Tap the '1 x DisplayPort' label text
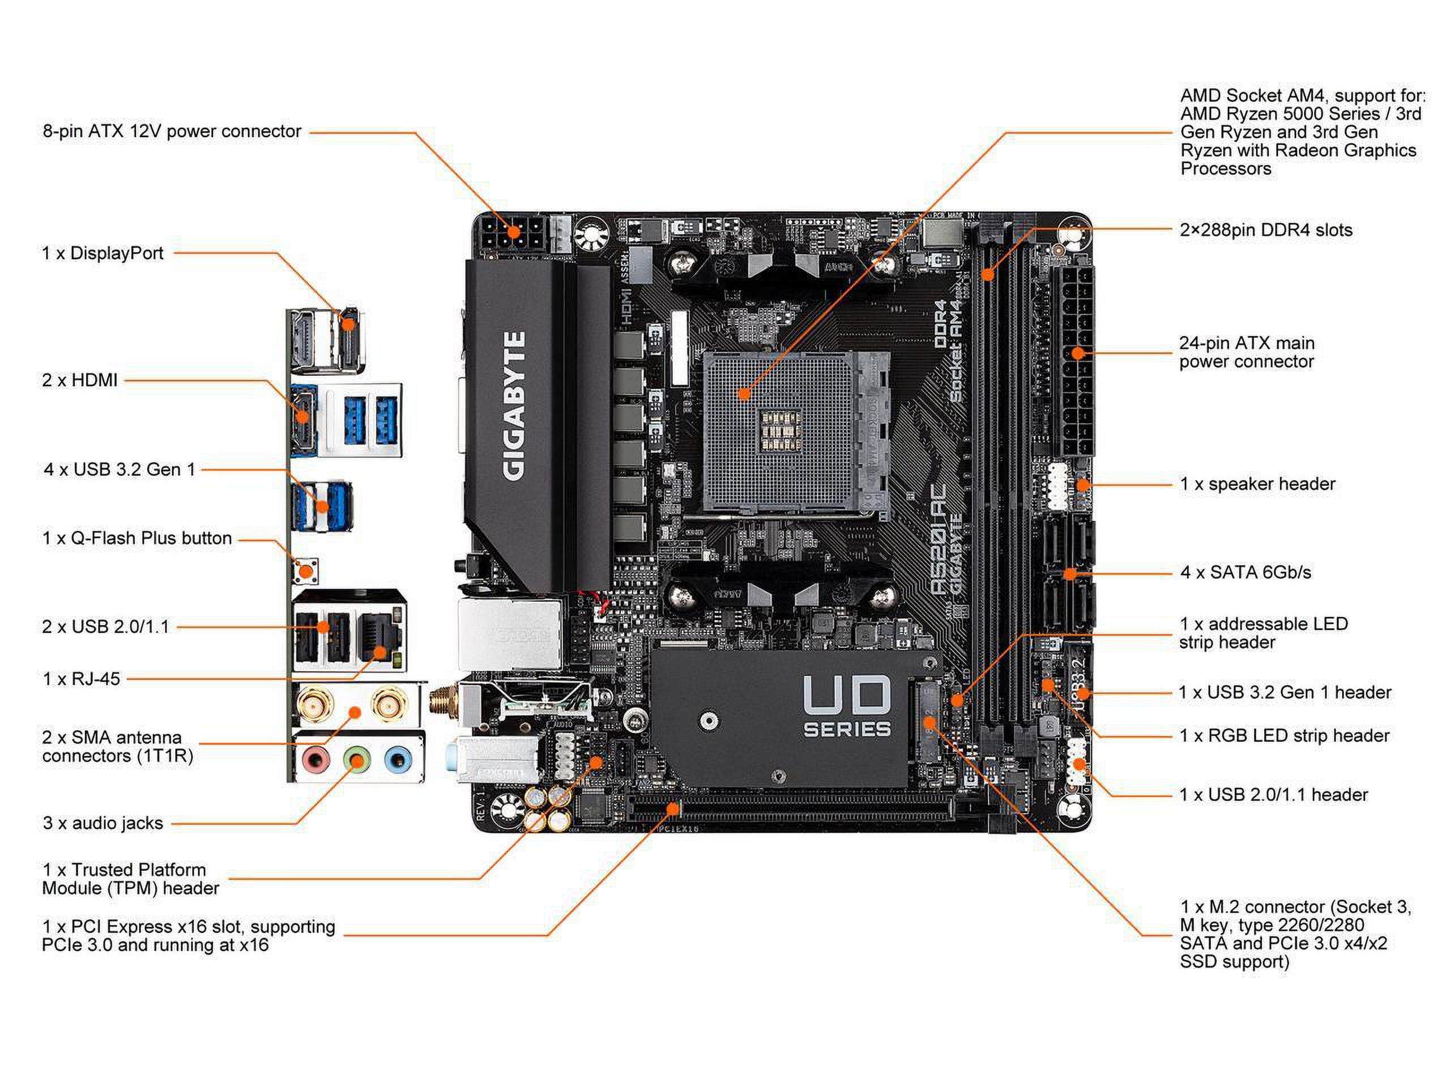pyautogui.click(x=103, y=253)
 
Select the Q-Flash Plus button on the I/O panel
pyautogui.click(x=305, y=570)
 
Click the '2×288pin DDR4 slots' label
pyautogui.click(x=1265, y=230)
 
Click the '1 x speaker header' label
pyautogui.click(x=1257, y=483)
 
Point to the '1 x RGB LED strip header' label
pyautogui.click(x=1283, y=735)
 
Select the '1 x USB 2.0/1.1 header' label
pyautogui.click(x=1273, y=794)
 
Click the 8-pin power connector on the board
pyautogui.click(x=513, y=234)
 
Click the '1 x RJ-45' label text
pyautogui.click(x=82, y=679)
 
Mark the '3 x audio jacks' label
pyautogui.click(x=103, y=823)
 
